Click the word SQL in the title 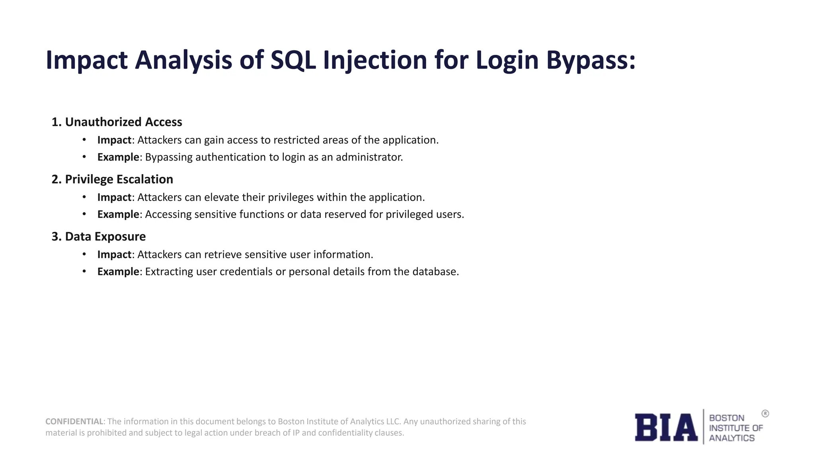293,60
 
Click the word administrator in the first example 369,157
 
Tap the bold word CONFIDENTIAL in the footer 74,421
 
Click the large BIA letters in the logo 666,427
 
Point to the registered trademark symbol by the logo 765,414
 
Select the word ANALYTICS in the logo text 731,438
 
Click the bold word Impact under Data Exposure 114,254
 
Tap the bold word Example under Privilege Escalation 118,214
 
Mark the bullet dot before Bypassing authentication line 84,157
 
